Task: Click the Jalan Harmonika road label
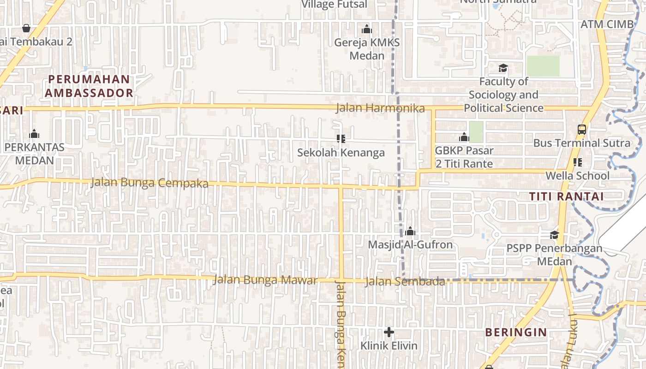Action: (x=380, y=108)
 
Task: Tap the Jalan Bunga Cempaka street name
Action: (x=150, y=183)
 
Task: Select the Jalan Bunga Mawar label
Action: (x=265, y=280)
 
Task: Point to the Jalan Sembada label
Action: (x=404, y=281)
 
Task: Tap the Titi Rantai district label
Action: (x=566, y=196)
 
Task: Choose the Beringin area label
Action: (x=516, y=332)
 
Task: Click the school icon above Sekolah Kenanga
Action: (x=341, y=138)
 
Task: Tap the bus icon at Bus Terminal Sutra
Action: (x=582, y=130)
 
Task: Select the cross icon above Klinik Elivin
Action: (x=389, y=332)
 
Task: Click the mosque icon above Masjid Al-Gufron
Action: (x=410, y=231)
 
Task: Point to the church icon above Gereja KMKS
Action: (x=367, y=30)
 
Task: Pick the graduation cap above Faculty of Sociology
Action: (x=503, y=68)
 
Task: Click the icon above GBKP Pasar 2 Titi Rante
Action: (x=464, y=137)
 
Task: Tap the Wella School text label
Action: (x=577, y=176)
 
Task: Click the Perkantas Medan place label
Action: (x=34, y=154)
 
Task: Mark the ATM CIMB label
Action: (x=607, y=24)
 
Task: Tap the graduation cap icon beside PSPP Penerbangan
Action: (x=554, y=235)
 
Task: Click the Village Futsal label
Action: (x=334, y=5)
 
